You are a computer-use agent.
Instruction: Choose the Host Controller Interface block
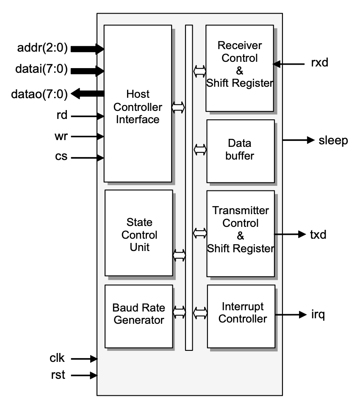[x=138, y=104]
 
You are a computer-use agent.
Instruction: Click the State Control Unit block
[x=138, y=233]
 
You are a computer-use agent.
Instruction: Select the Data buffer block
[x=240, y=150]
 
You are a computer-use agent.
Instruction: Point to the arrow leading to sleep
[x=299, y=140]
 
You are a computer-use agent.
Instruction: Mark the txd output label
[x=318, y=234]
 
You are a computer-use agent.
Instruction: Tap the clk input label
[x=57, y=358]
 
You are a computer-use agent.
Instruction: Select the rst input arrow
[x=84, y=375]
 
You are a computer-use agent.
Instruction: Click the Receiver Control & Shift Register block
[x=240, y=68]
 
